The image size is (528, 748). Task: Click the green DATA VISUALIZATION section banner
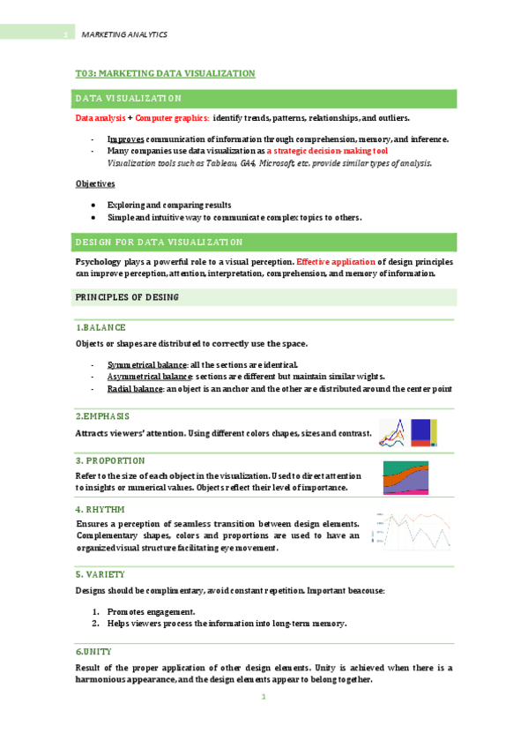click(264, 98)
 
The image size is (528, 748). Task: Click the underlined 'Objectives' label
click(95, 184)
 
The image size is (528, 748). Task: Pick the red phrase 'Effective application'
click(337, 262)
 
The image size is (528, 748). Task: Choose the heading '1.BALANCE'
click(101, 327)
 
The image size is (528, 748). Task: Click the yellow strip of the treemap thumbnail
click(434, 432)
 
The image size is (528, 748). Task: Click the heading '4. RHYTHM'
click(100, 509)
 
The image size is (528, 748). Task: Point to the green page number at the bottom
click(263, 698)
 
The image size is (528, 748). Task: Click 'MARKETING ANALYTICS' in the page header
click(123, 34)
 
